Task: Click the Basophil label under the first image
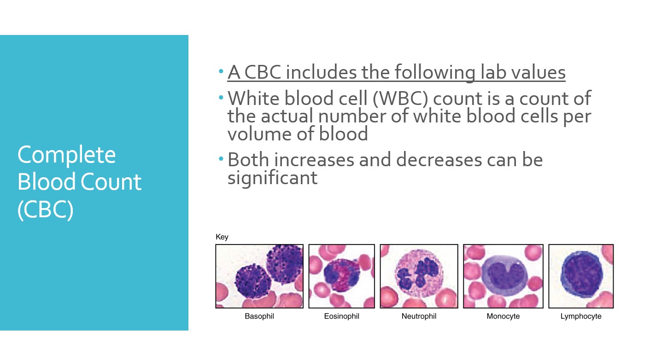(x=259, y=316)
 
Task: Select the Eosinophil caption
(x=341, y=316)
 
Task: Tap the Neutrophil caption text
(x=419, y=316)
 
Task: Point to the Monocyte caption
(x=503, y=316)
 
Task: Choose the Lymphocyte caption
(x=581, y=316)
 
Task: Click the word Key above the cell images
(x=222, y=237)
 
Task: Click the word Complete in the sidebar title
(x=66, y=155)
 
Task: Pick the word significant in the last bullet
(x=272, y=177)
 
